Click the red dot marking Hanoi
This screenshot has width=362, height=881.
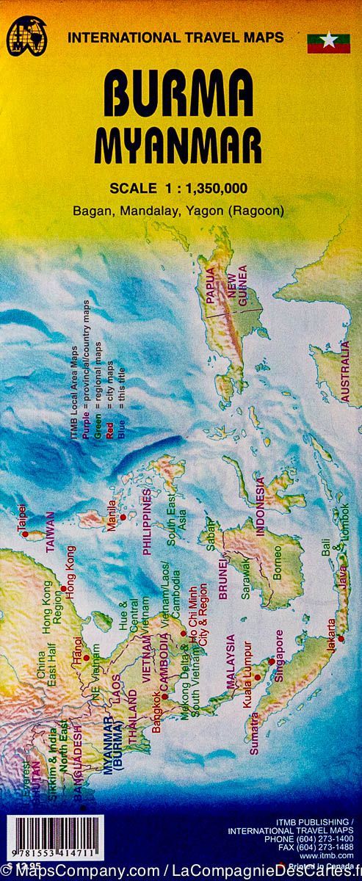(x=86, y=657)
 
